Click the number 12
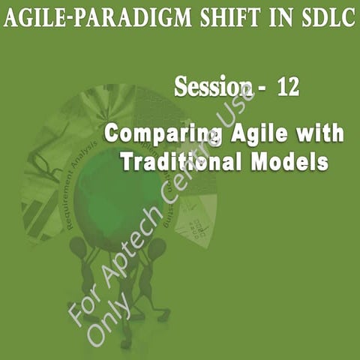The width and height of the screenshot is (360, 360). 288,87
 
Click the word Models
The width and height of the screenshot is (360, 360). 289,161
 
